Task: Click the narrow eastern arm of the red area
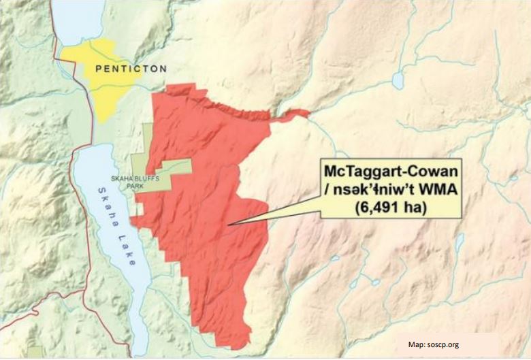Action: (x=293, y=114)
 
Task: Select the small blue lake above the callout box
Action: (x=398, y=81)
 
